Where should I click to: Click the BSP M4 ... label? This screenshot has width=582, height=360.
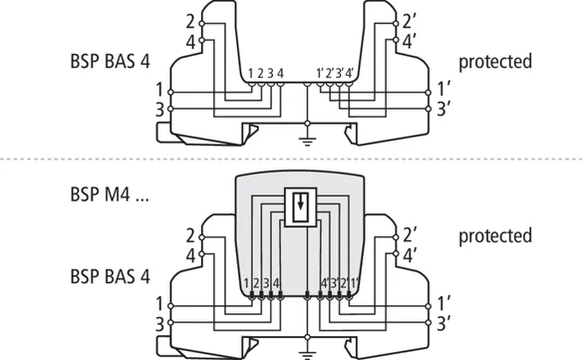tap(110, 193)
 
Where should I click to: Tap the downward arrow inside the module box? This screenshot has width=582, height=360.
tap(300, 202)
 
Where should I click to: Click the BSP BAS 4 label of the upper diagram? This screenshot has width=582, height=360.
tap(110, 61)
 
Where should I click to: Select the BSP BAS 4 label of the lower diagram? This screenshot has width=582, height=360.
tap(110, 277)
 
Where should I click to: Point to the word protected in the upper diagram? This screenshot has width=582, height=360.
tap(495, 62)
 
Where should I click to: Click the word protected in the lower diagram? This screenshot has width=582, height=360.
tap(495, 236)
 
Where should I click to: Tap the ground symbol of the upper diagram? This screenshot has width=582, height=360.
tap(307, 142)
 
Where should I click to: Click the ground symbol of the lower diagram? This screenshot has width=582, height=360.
tap(307, 356)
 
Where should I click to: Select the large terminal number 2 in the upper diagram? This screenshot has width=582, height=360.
tap(190, 22)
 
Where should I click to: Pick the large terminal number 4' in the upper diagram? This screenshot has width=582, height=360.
tap(408, 42)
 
